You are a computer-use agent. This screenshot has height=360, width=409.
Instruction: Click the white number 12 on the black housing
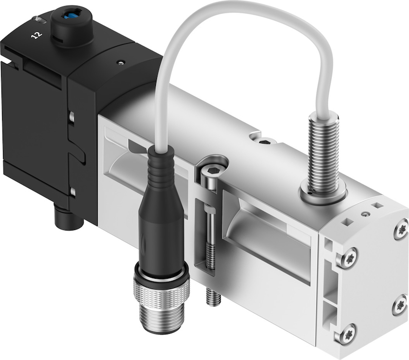37,35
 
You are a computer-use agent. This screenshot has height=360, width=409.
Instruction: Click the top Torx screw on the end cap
401,229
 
